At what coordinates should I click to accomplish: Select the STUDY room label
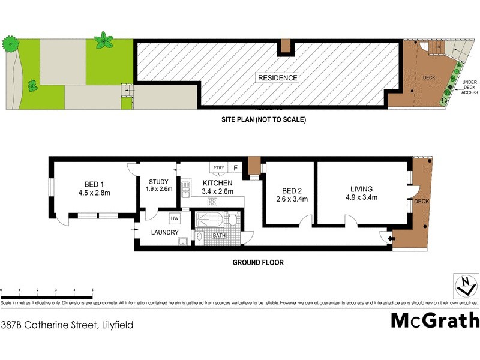159,182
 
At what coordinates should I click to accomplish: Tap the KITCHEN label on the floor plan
217,183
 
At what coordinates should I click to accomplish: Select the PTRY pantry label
218,168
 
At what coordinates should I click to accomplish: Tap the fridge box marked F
236,168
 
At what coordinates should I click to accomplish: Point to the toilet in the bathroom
233,221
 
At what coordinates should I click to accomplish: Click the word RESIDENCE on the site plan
277,78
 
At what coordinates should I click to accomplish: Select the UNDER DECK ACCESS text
469,87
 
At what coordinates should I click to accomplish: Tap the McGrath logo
435,320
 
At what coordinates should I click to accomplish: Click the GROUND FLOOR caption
259,262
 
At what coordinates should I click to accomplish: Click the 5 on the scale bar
92,290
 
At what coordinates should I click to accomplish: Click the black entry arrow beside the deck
391,240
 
